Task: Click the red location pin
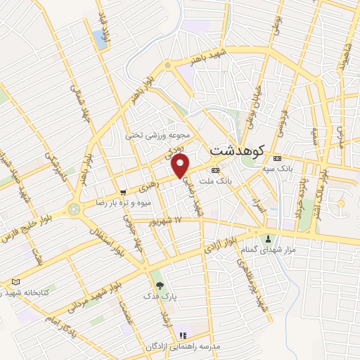pos(181,166)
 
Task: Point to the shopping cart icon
pos(123,191)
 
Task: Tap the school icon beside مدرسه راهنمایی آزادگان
pos(183,335)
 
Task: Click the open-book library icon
pos(16,281)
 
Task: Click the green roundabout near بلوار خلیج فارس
pos(73,209)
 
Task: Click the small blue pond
pos(100,39)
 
